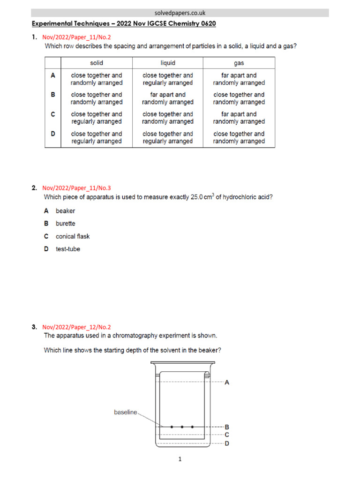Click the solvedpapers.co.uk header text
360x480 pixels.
(180, 13)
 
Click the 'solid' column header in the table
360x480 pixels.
(97, 63)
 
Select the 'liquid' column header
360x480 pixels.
(168, 63)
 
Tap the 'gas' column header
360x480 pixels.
(239, 63)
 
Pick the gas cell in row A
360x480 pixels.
(239, 79)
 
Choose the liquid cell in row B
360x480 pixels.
(168, 98)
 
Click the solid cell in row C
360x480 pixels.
(97, 118)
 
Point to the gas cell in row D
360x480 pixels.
(239, 137)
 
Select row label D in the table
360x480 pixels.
(53, 134)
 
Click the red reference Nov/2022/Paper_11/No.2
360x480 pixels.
(77, 37)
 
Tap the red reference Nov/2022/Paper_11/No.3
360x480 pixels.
(77, 187)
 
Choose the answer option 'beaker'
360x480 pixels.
(65, 211)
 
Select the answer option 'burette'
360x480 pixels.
(65, 224)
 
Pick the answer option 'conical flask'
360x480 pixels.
(73, 236)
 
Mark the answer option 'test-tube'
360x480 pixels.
(67, 249)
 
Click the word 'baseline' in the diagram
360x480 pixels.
(126, 412)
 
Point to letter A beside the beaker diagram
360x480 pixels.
(227, 382)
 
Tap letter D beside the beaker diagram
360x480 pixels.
(227, 443)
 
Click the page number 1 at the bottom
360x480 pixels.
(180, 459)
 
